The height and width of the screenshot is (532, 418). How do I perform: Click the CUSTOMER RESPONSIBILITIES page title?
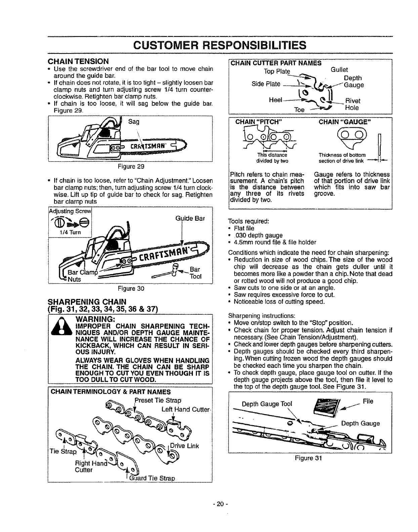point(220,45)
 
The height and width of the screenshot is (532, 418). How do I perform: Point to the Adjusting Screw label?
point(70,211)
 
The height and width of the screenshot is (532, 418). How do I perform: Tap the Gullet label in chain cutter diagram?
point(339,70)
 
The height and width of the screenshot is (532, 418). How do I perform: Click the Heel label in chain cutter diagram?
point(276,100)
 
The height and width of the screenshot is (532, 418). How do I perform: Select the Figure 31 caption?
point(308,458)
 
